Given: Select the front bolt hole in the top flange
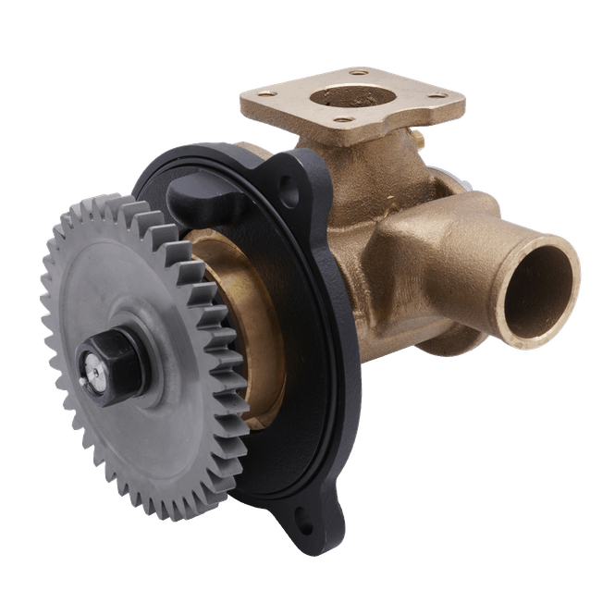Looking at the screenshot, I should point(342,118).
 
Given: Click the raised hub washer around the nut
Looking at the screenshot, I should point(129,347).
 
